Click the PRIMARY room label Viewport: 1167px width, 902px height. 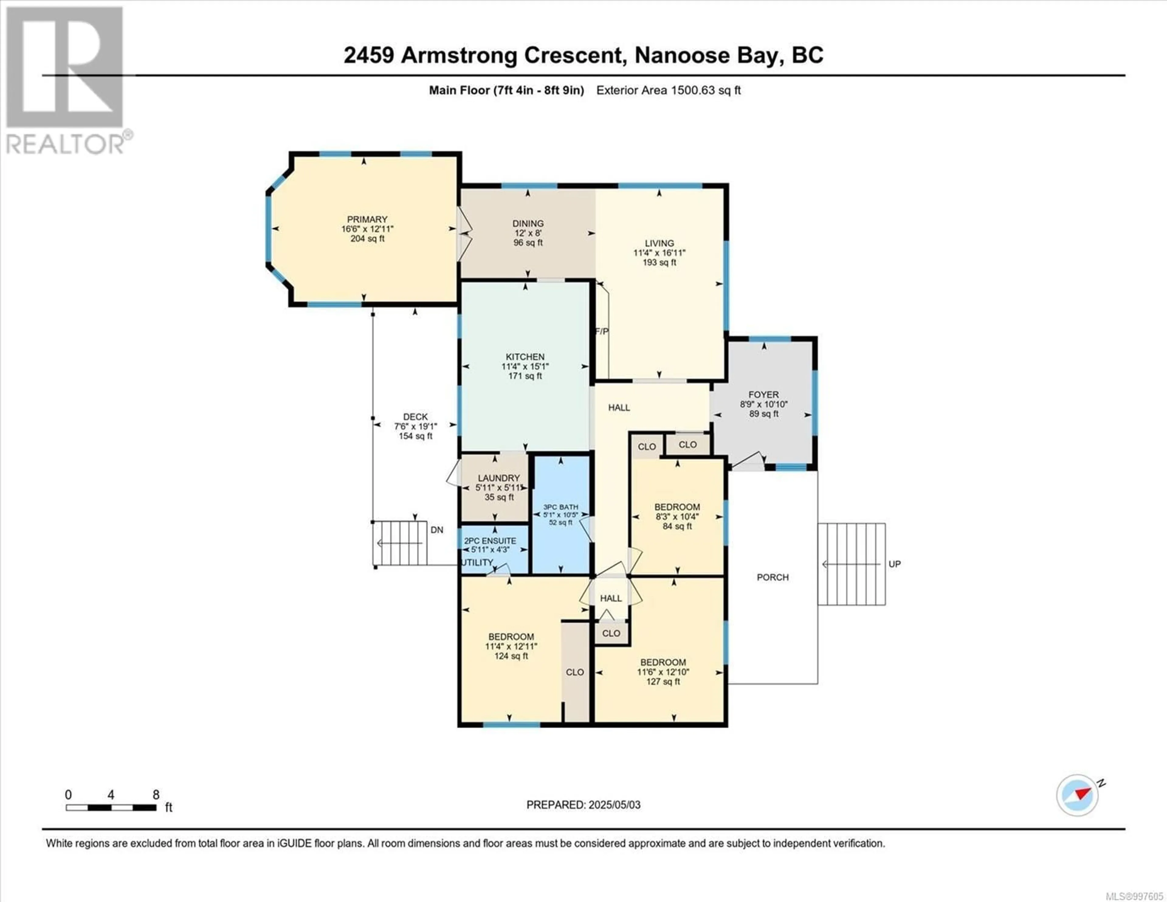(x=367, y=219)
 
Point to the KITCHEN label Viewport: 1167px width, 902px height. (x=525, y=357)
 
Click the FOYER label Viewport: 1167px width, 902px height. (x=764, y=395)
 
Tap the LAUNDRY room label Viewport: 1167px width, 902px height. (x=498, y=478)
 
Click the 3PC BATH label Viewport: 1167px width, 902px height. (x=560, y=507)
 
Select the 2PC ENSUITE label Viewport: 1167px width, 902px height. (x=490, y=541)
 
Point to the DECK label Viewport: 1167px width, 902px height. (x=415, y=416)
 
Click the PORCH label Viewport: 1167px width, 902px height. (x=773, y=577)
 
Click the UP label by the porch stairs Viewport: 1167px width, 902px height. (x=894, y=564)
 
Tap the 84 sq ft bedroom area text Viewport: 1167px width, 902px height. (x=677, y=526)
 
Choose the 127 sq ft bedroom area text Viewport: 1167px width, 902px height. (x=663, y=682)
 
